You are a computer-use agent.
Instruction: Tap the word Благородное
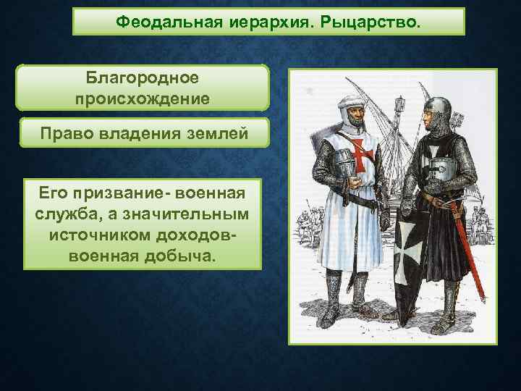(x=143, y=77)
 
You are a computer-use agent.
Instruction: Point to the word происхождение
(x=143, y=97)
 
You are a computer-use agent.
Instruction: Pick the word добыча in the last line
(x=180, y=256)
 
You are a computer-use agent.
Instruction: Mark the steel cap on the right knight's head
(x=439, y=109)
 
